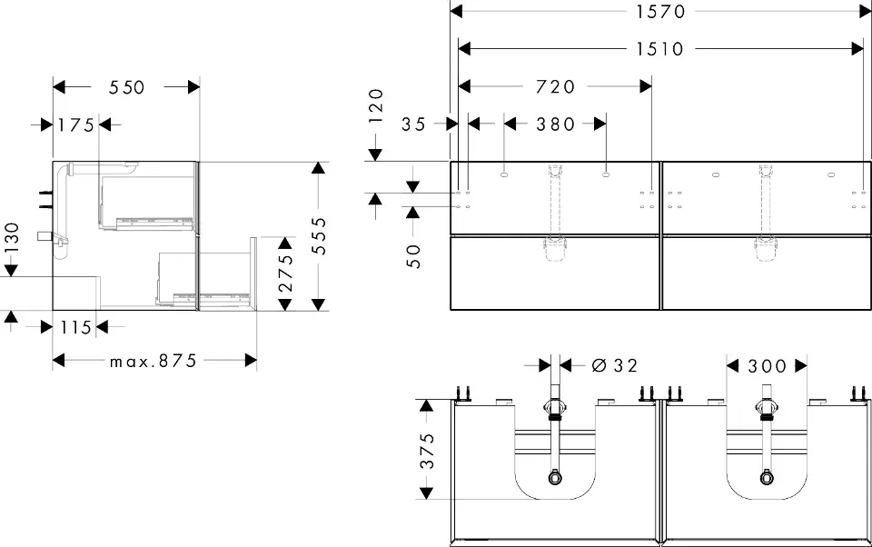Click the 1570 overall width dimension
[660, 11]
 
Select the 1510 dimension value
[659, 49]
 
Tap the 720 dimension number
[555, 86]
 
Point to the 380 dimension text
[555, 124]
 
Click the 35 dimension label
[414, 124]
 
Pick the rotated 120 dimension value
[376, 105]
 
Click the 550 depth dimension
[127, 87]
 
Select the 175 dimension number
[76, 124]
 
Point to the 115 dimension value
[75, 327]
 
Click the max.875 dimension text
[153, 361]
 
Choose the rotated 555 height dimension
[319, 236]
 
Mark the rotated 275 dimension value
[285, 273]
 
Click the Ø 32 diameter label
[614, 365]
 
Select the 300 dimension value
[767, 365]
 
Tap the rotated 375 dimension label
[427, 451]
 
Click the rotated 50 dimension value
[413, 256]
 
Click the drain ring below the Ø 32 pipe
[554, 477]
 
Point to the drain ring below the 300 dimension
[767, 477]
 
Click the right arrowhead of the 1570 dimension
[865, 11]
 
